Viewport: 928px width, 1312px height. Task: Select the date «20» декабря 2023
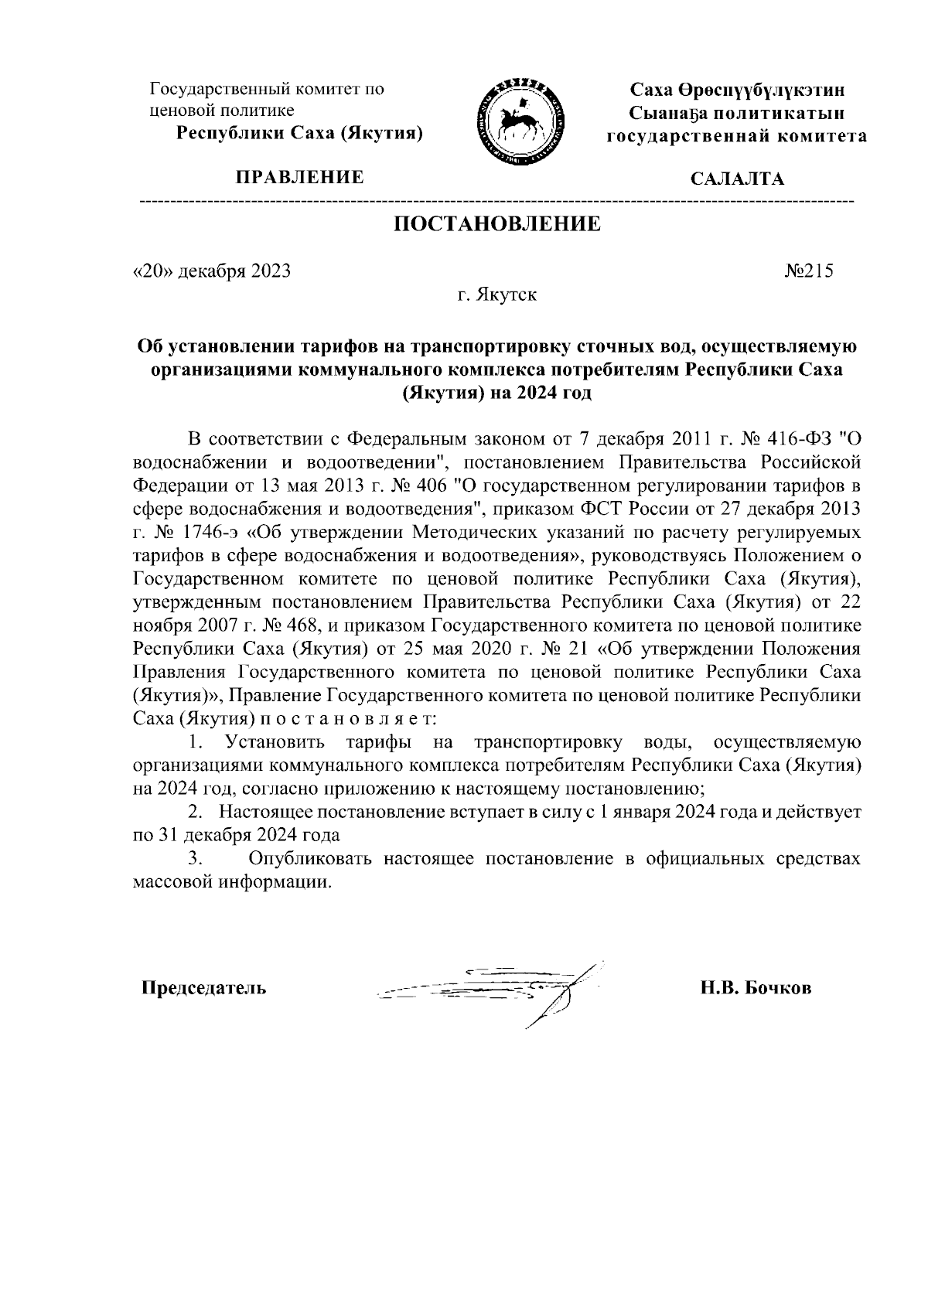tap(212, 271)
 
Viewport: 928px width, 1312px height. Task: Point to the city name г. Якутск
tap(496, 295)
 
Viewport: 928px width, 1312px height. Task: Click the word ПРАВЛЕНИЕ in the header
tap(300, 178)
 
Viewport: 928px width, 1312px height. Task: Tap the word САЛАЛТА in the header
tap(736, 179)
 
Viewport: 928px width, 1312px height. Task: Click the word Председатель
tap(203, 989)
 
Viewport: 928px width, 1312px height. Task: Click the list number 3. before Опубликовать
tap(195, 859)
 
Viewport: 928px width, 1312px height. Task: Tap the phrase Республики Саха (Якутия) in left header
tap(300, 133)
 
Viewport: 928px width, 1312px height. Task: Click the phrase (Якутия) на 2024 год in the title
tap(496, 393)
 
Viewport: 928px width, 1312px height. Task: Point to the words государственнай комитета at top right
tap(736, 136)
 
